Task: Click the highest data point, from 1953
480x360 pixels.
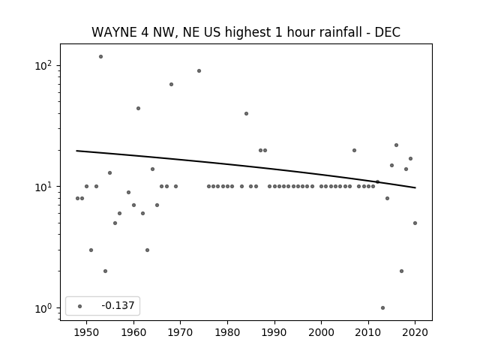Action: coord(100,57)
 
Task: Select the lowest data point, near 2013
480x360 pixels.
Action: coord(382,308)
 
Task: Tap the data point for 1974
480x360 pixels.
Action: coord(199,71)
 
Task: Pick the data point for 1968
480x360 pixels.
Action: coord(171,85)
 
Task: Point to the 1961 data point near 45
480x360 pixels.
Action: coord(138,108)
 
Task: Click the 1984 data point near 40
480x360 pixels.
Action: coord(246,113)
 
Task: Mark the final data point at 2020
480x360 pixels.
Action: coord(415,223)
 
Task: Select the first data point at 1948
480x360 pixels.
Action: coord(77,198)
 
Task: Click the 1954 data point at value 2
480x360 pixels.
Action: coord(105,271)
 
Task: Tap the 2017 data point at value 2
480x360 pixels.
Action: coord(401,271)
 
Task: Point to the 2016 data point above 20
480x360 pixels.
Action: coord(396,145)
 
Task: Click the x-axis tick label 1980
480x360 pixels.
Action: coord(227,332)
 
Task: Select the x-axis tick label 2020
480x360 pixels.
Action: coord(415,332)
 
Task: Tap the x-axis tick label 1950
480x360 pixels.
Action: coord(87,332)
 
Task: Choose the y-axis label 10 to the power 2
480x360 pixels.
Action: coord(43,65)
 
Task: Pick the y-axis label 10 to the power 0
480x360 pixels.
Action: coord(43,308)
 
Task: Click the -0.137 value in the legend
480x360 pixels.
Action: coord(118,305)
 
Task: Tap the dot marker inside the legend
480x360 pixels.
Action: coord(80,306)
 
